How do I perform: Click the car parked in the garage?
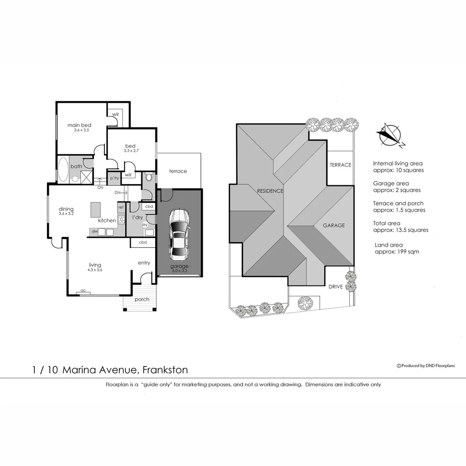click(x=179, y=234)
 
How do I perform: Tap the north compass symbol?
click(x=390, y=135)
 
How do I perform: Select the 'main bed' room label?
click(x=79, y=125)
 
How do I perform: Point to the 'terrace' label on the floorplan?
click(x=178, y=171)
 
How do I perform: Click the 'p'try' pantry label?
click(x=114, y=178)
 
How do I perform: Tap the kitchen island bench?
click(x=95, y=210)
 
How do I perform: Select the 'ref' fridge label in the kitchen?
click(x=121, y=208)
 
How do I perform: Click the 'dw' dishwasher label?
click(x=94, y=232)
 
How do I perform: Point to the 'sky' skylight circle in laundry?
click(x=145, y=225)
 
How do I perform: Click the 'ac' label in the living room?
click(x=83, y=291)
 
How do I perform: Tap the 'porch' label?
click(x=142, y=299)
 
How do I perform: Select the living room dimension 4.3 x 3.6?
click(x=95, y=270)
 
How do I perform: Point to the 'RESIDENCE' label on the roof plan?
click(x=270, y=191)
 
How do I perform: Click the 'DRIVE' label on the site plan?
click(x=336, y=287)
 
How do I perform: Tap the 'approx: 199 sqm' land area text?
click(x=397, y=252)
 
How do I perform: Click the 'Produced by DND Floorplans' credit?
click(x=425, y=366)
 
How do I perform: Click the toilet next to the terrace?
click(x=149, y=177)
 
